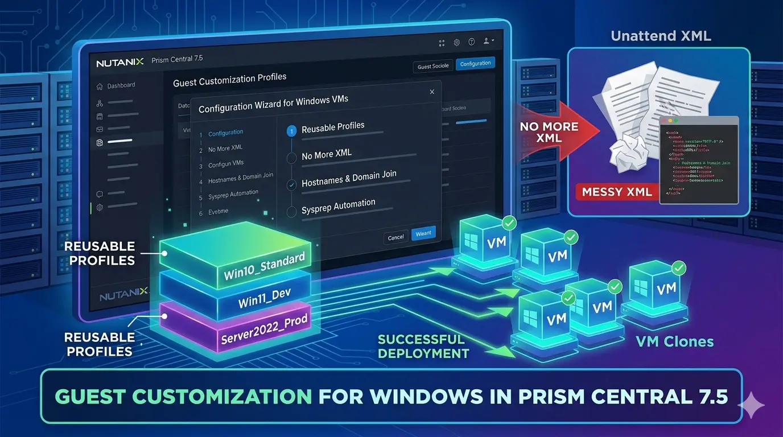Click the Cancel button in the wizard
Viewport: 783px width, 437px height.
395,237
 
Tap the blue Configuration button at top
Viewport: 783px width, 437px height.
475,64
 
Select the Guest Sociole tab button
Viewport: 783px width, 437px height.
433,67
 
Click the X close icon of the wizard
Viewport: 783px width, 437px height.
432,92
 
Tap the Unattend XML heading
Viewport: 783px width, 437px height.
661,36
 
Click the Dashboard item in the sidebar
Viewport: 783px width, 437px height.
121,85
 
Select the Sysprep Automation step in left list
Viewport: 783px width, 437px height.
233,194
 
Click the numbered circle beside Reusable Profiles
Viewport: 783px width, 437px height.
292,131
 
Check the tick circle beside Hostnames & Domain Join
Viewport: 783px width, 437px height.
292,184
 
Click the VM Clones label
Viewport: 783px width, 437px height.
675,341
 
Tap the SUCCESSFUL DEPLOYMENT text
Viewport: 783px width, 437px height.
423,347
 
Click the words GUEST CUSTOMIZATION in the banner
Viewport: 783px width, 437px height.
183,396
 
